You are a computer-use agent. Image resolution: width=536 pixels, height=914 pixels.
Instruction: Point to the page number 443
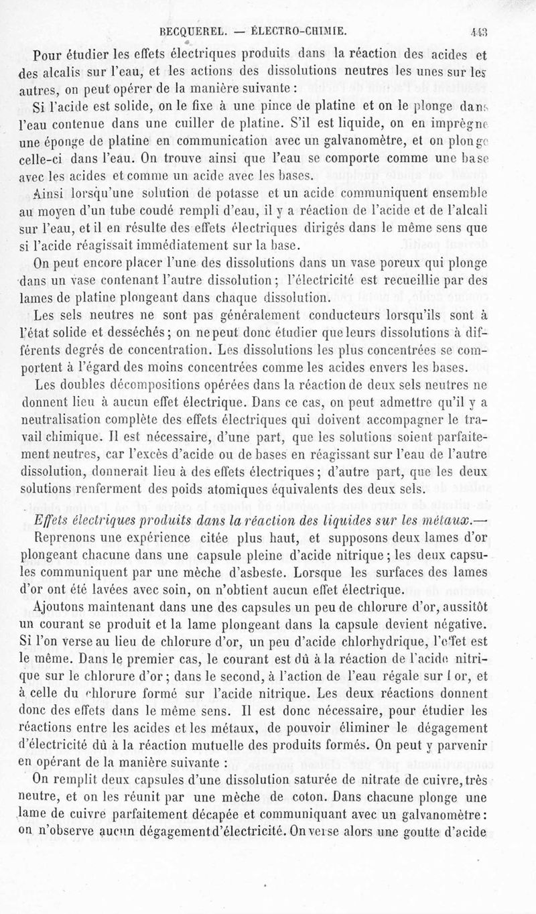click(479, 30)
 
